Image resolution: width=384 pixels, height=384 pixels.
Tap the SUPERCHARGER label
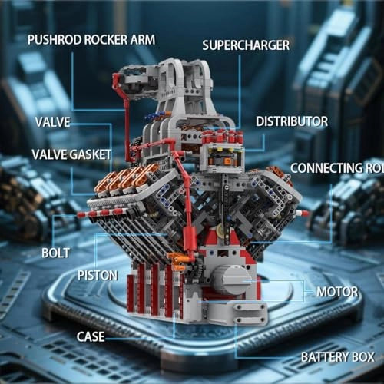[x=245, y=45]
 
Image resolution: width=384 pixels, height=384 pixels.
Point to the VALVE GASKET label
[x=71, y=154]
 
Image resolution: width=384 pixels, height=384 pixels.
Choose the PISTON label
[x=97, y=274]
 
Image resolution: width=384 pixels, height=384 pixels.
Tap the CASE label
[x=91, y=336]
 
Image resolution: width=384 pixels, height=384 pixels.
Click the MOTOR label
[x=337, y=292]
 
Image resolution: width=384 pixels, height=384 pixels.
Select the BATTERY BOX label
[x=336, y=357]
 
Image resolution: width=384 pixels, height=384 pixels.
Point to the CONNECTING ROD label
[x=337, y=168]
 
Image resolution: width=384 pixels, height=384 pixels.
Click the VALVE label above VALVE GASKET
[x=52, y=121]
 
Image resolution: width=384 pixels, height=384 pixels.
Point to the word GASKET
[x=91, y=154]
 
